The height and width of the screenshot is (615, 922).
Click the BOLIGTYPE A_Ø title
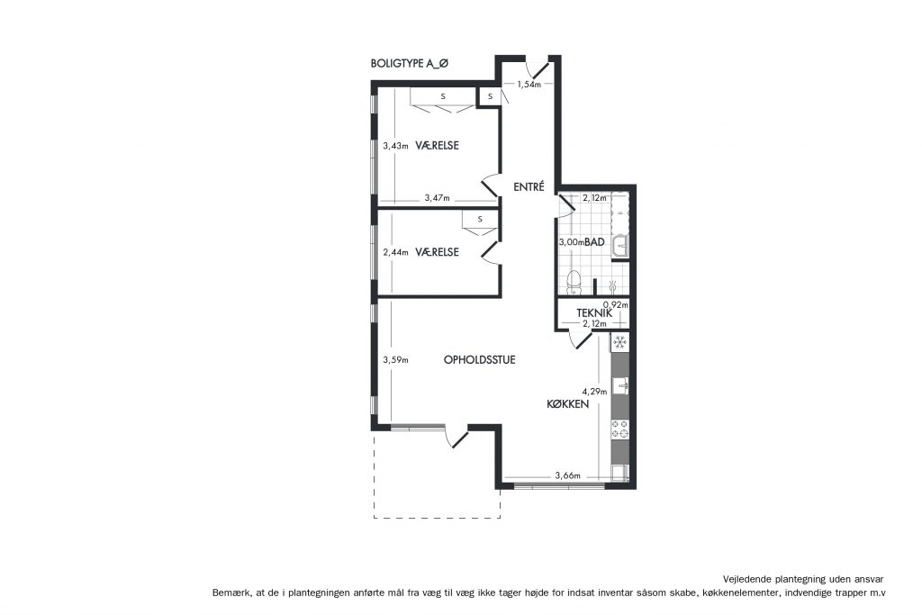[x=410, y=64]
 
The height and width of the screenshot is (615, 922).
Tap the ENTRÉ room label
[x=529, y=187]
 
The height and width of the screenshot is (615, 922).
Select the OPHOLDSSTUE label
[x=479, y=360]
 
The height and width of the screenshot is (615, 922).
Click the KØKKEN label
[x=567, y=404]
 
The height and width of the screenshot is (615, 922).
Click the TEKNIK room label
[x=594, y=313]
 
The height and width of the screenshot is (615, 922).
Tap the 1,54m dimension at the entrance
[x=529, y=84]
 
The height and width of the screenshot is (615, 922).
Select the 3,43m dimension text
[x=395, y=146]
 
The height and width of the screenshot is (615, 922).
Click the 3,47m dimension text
[x=437, y=198]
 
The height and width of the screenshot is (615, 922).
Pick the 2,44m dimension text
[x=395, y=252]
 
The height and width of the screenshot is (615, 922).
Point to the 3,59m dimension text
[x=395, y=360]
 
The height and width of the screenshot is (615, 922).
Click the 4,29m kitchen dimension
[x=594, y=391]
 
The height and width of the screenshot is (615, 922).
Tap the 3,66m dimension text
[x=567, y=475]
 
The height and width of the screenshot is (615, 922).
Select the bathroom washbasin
[x=619, y=247]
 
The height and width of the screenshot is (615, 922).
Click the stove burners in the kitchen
[x=619, y=430]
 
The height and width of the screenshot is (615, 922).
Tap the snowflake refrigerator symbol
[x=619, y=342]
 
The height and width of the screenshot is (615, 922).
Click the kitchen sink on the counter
[x=620, y=386]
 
